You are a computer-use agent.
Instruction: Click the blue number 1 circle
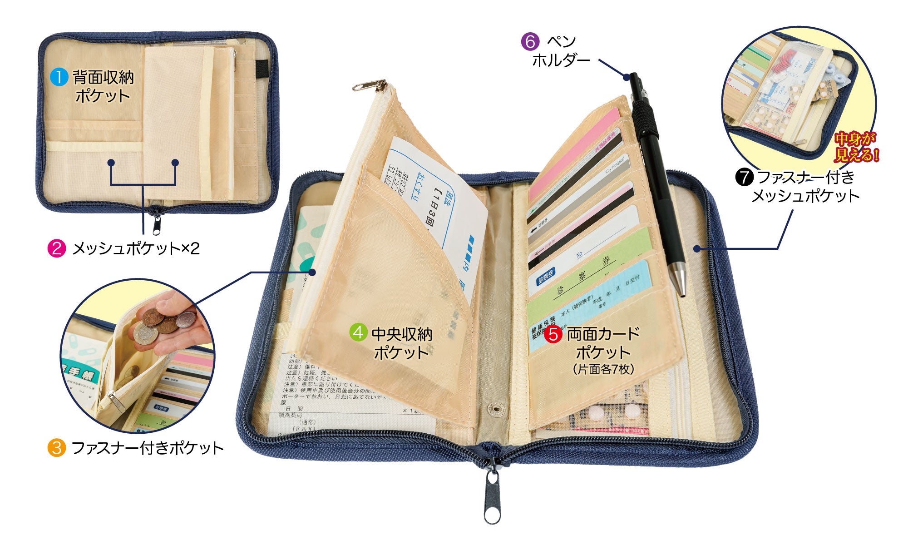pos(58,77)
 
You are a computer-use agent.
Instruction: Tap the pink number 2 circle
pos(57,248)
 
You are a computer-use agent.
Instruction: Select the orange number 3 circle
pos(57,448)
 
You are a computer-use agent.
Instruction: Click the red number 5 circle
pos(553,334)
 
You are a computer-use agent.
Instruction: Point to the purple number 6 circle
pos(530,41)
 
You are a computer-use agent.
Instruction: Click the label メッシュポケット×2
pos(136,248)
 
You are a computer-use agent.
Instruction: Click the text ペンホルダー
pos(561,51)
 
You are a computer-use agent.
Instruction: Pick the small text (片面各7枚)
pos(603,369)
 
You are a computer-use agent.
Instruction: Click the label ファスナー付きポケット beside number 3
pos(148,448)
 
